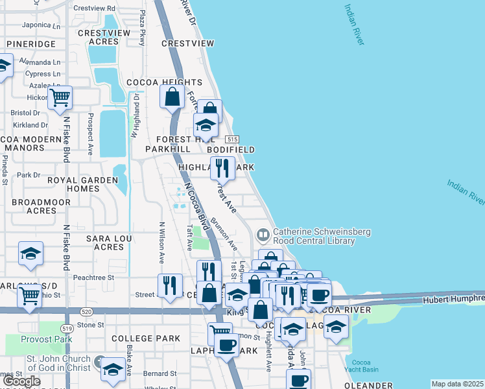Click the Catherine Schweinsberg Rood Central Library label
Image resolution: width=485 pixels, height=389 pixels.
click(x=314, y=236)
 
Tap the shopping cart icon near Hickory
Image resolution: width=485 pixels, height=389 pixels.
click(x=60, y=99)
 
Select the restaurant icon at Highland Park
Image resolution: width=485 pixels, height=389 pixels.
click(x=222, y=169)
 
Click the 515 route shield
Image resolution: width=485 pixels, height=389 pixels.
click(x=232, y=139)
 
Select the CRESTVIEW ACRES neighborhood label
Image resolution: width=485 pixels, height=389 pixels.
click(x=99, y=37)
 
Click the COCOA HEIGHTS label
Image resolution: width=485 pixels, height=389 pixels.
click(x=165, y=82)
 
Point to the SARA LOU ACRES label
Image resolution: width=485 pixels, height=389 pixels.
click(x=104, y=242)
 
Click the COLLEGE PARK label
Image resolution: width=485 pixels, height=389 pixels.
click(x=145, y=338)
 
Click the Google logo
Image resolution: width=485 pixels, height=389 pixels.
click(x=22, y=381)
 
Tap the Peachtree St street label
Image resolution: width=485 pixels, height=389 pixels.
click(x=93, y=277)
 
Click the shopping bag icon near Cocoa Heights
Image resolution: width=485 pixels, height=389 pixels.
click(x=172, y=97)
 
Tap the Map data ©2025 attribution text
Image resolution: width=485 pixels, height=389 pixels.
click(x=457, y=384)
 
